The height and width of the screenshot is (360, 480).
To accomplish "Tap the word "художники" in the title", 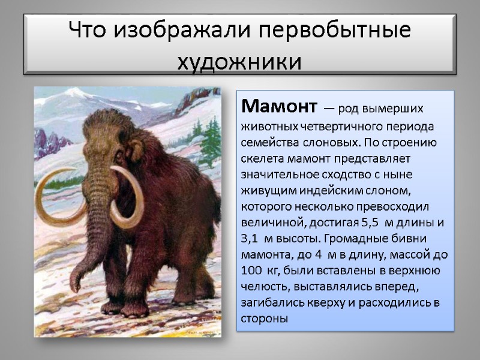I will pos(240,61).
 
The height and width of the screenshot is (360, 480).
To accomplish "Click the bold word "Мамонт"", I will pos(278,107).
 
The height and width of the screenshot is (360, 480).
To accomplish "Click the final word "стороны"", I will pos(264,319).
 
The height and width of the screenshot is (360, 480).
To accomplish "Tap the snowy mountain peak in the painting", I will pos(74,92).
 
